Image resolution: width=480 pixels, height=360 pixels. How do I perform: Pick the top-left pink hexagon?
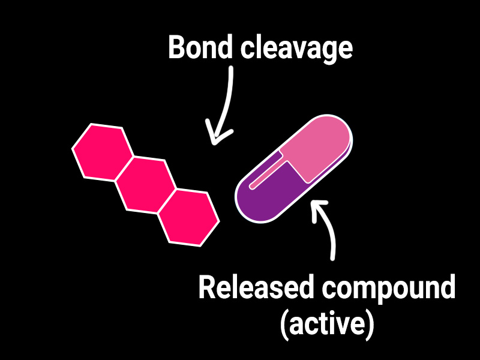point(102,151)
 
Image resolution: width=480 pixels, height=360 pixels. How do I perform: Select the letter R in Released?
point(207,289)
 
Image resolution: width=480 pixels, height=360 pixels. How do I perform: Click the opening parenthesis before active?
point(284,325)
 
